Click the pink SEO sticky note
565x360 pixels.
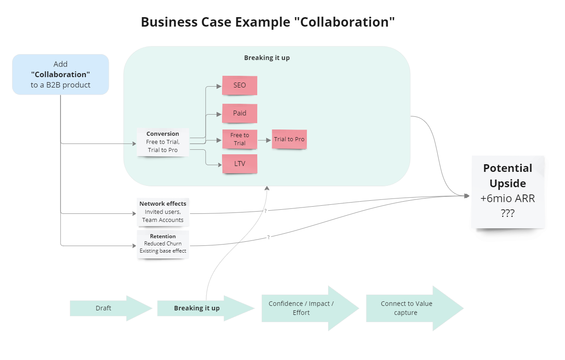(x=239, y=85)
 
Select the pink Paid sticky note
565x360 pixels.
(x=239, y=113)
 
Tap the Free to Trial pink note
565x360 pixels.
(x=240, y=139)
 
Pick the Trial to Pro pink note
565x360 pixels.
(x=289, y=139)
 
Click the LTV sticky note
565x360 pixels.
(x=240, y=164)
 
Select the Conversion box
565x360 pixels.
(x=162, y=142)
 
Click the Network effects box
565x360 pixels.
(x=162, y=212)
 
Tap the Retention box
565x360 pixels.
(x=162, y=244)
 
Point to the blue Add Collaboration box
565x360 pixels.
(x=60, y=74)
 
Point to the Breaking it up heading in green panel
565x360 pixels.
(x=267, y=58)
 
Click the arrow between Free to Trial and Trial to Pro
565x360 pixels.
(x=264, y=140)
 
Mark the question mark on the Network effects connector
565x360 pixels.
(x=265, y=211)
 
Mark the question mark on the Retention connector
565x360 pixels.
(x=269, y=237)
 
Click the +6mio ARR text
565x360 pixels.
(x=508, y=198)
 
